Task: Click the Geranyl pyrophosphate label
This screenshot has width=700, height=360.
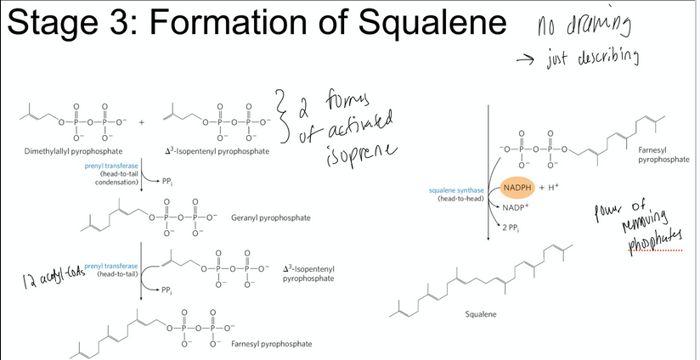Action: [270, 217]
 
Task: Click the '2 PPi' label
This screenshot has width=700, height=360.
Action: [511, 228]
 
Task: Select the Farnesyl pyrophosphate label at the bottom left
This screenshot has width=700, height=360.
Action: [271, 343]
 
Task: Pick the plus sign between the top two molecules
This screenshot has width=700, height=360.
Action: [143, 122]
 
